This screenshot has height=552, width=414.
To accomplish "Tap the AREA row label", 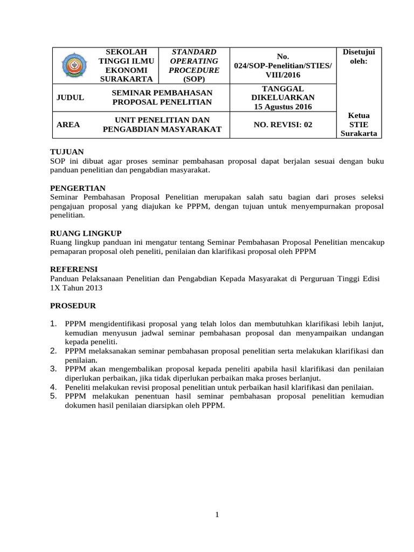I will click(68, 125).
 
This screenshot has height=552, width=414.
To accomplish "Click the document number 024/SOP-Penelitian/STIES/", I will click(282, 65).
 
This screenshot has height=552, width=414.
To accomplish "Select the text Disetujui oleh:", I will click(358, 56).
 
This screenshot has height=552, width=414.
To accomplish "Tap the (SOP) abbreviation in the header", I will click(194, 79).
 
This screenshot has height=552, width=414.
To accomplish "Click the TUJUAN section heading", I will click(67, 152).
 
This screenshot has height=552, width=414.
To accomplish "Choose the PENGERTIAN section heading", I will click(78, 188).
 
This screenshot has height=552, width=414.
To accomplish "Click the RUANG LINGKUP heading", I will click(86, 233).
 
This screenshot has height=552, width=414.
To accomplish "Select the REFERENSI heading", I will click(74, 269).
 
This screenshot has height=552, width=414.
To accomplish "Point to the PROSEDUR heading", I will click(73, 306).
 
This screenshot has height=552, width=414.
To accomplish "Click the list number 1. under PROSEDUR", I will click(53, 323).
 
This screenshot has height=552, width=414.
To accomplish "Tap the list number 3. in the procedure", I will click(53, 369).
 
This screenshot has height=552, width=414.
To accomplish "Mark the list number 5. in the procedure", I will click(53, 396).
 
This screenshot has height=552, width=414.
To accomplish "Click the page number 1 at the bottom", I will click(217, 515).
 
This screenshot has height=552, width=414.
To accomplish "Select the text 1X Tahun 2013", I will click(76, 288).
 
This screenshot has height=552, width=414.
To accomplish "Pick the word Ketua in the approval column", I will click(358, 115).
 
